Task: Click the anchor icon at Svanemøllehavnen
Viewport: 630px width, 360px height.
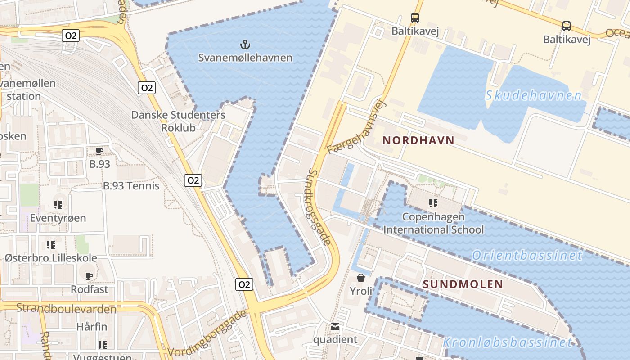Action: click(245, 45)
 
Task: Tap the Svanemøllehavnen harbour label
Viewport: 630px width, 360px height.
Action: click(245, 58)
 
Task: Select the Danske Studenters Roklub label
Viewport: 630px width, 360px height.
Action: click(178, 121)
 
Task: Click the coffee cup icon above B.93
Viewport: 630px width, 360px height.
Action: click(99, 151)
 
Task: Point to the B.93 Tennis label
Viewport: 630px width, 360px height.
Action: click(131, 185)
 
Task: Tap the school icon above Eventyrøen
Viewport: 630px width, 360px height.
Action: click(58, 205)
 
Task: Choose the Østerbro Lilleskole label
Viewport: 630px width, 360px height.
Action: click(51, 258)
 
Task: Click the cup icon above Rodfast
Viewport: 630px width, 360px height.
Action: click(89, 275)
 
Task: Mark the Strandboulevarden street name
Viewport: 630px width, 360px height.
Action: click(66, 309)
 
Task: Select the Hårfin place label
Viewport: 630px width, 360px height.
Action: click(92, 326)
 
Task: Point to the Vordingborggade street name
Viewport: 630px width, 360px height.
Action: click(207, 333)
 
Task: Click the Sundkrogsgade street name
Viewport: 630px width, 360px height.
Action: click(321, 207)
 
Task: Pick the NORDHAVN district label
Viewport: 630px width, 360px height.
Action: click(418, 140)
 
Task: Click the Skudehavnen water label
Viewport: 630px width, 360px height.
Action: click(533, 95)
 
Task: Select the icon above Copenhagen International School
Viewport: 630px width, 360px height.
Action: click(433, 203)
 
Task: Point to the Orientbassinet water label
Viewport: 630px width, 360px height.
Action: click(527, 256)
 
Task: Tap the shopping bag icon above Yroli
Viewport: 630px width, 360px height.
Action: click(361, 277)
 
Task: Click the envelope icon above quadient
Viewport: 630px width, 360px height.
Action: click(335, 326)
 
